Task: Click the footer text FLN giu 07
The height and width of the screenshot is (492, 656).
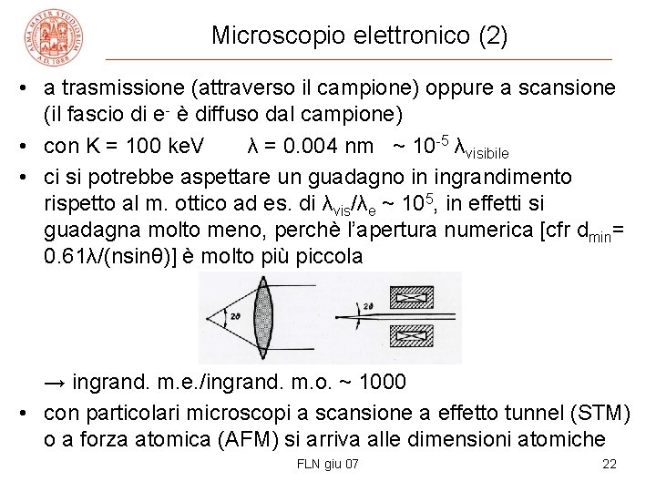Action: [328, 465]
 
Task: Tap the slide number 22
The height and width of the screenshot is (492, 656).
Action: [610, 465]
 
